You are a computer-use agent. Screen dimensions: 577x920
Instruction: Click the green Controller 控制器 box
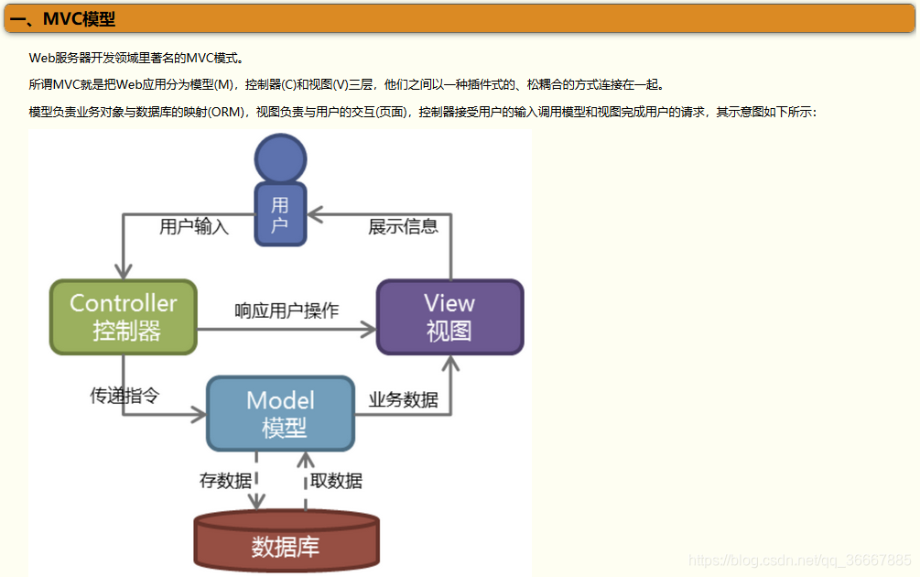124,317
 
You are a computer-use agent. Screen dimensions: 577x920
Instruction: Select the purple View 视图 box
449,317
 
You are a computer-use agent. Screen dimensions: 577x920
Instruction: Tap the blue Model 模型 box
280,414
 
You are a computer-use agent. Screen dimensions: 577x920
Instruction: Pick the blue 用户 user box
280,214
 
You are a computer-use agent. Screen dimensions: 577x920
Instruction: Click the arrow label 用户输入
194,227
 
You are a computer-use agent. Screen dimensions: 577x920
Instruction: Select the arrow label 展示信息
403,227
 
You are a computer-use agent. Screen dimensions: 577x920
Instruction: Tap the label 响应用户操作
287,310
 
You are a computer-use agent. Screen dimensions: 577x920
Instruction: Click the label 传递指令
124,396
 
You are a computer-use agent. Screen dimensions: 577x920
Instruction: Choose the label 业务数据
403,400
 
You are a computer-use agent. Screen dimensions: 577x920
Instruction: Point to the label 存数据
225,480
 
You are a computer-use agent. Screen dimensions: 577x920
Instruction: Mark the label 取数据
336,480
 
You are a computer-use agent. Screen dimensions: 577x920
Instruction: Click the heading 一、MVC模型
63,19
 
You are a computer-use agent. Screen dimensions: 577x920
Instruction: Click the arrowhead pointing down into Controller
124,271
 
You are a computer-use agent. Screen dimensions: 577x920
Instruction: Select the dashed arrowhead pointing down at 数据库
257,501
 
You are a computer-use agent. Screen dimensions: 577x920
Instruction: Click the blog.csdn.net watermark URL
799,560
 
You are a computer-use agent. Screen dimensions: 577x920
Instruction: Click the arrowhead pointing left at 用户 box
315,214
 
